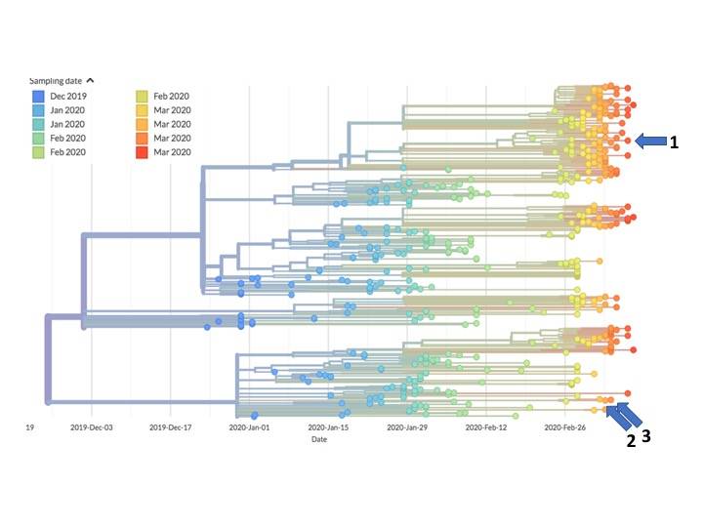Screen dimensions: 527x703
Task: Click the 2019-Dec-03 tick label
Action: point(91,427)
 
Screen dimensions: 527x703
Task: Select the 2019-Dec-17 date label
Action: point(172,427)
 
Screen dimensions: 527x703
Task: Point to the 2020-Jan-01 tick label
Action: point(251,427)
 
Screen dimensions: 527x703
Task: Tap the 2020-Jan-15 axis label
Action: point(331,427)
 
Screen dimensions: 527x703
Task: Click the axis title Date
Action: point(319,440)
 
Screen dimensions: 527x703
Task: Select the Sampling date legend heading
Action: point(56,80)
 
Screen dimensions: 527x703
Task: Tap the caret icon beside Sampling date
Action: point(91,80)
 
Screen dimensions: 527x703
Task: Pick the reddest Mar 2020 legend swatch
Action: point(141,152)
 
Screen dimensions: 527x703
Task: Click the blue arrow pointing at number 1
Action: point(649,142)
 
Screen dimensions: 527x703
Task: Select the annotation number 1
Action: point(674,142)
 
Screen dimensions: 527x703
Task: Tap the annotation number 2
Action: point(631,441)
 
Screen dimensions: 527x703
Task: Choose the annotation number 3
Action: point(645,438)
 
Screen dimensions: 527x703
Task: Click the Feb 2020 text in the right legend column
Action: point(172,97)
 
